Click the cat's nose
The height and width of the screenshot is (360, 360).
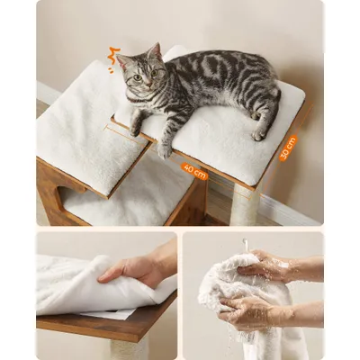[x=148, y=85]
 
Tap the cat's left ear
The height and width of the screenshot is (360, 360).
[x=155, y=51]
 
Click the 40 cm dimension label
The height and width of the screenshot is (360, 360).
[x=194, y=171]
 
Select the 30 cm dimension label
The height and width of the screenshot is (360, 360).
[x=288, y=148]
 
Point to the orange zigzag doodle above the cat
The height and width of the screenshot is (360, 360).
[x=114, y=57]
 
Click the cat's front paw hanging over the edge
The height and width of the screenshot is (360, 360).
[x=165, y=150]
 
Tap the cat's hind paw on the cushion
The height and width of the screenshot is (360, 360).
[x=258, y=135]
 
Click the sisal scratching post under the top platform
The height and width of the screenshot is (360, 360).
[x=247, y=205]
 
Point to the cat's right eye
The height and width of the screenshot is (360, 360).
[x=138, y=77]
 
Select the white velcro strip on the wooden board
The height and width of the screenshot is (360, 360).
[x=108, y=314]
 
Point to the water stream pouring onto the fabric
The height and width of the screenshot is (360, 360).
[x=246, y=245]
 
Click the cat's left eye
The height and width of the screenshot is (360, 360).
[x=155, y=73]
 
